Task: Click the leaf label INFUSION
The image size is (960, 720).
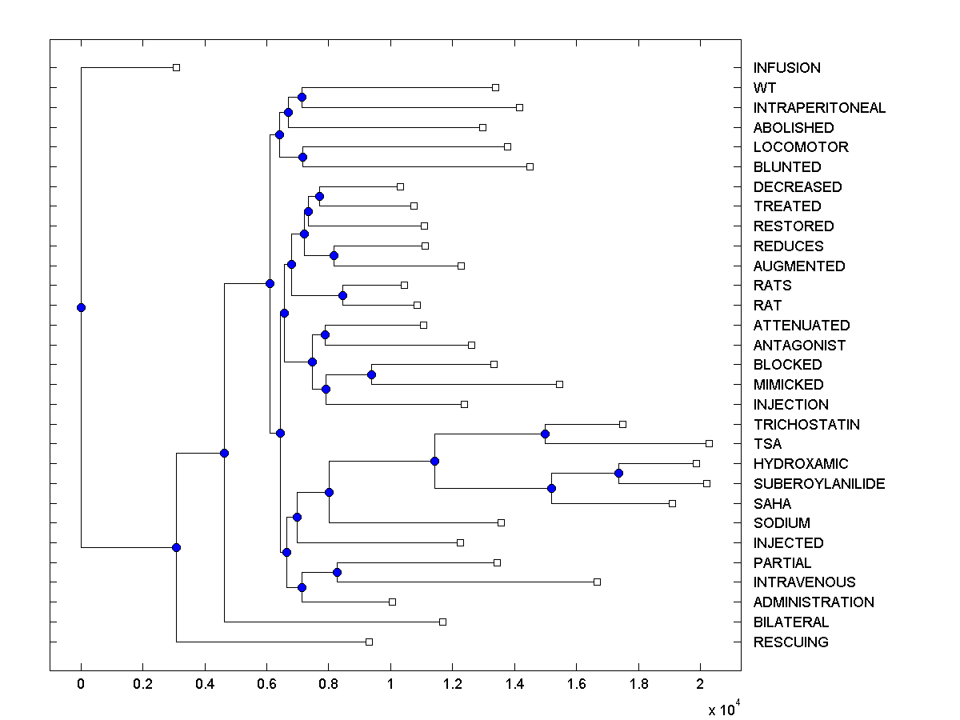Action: (786, 68)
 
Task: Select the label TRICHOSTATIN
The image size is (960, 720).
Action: (806, 424)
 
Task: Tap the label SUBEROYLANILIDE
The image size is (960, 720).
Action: (819, 484)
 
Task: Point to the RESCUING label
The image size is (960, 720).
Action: (790, 642)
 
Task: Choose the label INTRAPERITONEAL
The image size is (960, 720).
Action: (819, 108)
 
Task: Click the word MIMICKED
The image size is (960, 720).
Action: (788, 385)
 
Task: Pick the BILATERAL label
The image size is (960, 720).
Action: (790, 622)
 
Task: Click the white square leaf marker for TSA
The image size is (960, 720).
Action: (709, 443)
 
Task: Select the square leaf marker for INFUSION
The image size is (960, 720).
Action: (177, 67)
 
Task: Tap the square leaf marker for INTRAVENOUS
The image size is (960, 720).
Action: (597, 582)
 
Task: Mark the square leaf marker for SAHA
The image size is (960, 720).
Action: (672, 503)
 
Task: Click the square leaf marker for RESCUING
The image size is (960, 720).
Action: (369, 642)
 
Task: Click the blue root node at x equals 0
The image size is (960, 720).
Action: (81, 307)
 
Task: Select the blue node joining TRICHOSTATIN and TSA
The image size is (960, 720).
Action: (545, 434)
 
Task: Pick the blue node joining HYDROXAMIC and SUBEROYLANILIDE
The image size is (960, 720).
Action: (618, 473)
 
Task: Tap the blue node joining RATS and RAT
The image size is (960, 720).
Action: (342, 295)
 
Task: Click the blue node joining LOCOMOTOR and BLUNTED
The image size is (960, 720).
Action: (302, 157)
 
